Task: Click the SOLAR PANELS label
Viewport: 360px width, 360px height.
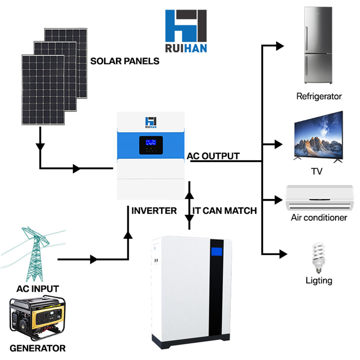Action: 125,61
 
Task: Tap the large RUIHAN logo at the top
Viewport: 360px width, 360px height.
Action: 186,31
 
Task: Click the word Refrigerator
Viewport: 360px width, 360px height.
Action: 319,96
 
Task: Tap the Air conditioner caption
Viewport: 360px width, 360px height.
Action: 319,218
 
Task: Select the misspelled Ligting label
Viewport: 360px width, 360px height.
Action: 319,280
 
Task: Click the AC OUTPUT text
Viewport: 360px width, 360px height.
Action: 213,156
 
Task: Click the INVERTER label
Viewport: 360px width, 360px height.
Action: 154,210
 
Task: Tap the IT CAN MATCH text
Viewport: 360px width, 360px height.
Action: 225,210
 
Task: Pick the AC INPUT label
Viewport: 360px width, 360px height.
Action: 37,288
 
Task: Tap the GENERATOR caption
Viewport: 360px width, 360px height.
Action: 37,348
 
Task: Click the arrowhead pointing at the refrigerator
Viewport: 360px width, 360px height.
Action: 279,45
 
